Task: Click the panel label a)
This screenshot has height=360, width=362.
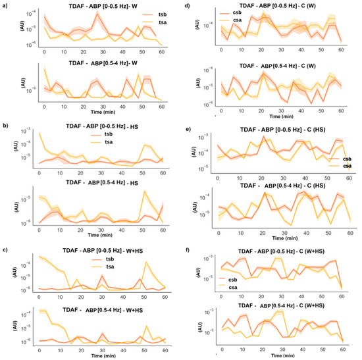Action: pyautogui.click(x=6, y=5)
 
